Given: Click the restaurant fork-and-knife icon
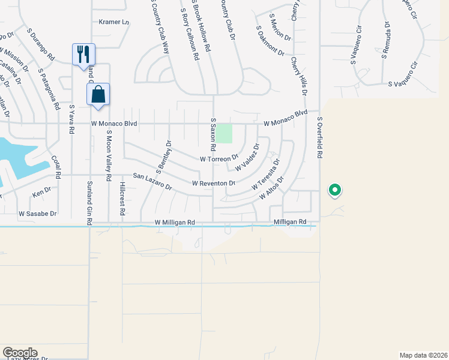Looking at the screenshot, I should click(83, 54).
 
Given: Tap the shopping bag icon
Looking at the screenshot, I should click(98, 94).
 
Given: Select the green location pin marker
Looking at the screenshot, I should click(335, 191).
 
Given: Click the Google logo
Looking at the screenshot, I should click(20, 353).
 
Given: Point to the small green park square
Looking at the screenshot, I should click(224, 133).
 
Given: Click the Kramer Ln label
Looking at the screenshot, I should click(114, 22).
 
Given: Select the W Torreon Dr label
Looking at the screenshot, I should click(219, 159).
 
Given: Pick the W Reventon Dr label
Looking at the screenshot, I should click(214, 183).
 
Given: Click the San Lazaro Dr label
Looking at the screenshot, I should click(152, 182).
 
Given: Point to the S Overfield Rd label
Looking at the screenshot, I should click(320, 138).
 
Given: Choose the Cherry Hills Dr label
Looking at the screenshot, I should click(299, 77).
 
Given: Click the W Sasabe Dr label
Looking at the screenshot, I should click(38, 214).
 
